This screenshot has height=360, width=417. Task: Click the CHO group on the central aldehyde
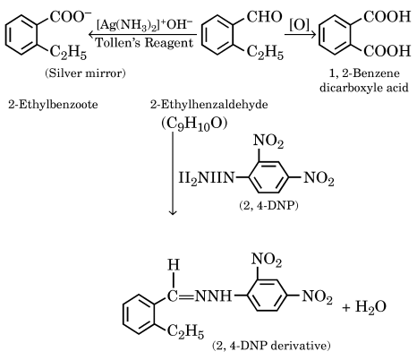(264, 16)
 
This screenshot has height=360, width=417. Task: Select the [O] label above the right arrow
(299, 25)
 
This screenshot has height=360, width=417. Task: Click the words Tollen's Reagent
(144, 43)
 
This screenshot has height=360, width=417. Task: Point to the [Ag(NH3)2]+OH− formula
(145, 25)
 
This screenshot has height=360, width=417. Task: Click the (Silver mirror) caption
(85, 73)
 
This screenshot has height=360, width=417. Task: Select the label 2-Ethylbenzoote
(53, 105)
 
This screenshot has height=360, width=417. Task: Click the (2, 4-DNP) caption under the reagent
(268, 206)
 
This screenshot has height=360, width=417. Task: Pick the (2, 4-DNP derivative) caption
(271, 346)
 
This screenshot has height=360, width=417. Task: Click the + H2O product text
(364, 307)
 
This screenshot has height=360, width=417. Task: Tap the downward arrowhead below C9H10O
(173, 212)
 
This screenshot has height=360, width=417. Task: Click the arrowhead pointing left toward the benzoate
(91, 35)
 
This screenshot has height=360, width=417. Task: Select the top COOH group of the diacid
(387, 17)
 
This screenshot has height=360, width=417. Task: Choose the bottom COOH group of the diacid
(387, 51)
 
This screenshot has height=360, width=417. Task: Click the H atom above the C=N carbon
(174, 265)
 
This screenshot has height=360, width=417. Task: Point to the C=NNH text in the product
(200, 296)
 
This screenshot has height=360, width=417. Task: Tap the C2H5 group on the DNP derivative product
(185, 331)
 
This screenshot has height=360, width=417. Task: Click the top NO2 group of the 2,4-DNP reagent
(268, 141)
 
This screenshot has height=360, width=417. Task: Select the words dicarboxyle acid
(364, 88)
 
